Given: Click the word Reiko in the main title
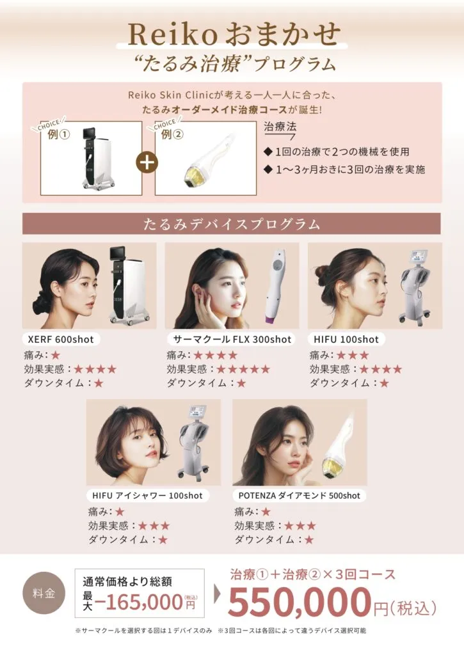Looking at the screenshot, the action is [x=172, y=35].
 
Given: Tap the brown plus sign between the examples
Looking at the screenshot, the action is [x=147, y=162].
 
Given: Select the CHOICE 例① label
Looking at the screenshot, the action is [x=54, y=129].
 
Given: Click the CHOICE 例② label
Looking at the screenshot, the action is [x=167, y=129].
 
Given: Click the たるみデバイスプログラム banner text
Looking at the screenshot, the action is [x=232, y=224].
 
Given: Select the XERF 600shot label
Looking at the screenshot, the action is [x=61, y=339].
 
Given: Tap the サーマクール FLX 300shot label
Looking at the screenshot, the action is [x=232, y=339].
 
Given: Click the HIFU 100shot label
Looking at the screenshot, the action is [x=346, y=339].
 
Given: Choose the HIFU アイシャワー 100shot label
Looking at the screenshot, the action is [x=148, y=496].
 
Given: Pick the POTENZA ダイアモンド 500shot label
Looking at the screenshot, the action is [x=300, y=496].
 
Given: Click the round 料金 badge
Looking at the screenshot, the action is [x=44, y=593].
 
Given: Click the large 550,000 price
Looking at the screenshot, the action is [x=300, y=601].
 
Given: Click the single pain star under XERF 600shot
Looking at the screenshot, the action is [x=56, y=355].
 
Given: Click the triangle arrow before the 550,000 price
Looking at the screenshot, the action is [x=217, y=594].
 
